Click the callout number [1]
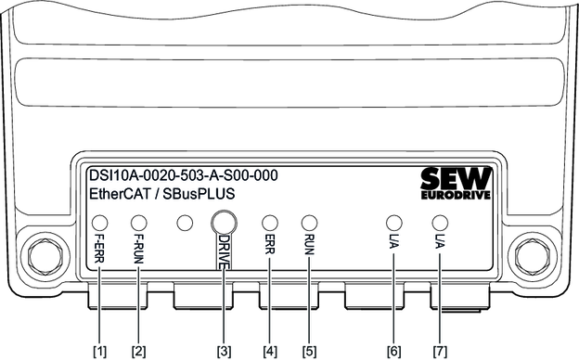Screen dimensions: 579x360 99,351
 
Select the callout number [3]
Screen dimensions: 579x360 225,351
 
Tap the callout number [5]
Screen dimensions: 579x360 309,351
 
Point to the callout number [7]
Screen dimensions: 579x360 440,351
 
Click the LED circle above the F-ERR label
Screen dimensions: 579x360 99,223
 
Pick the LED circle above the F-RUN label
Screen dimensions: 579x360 139,223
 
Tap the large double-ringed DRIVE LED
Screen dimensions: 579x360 224,223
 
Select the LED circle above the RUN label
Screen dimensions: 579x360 309,223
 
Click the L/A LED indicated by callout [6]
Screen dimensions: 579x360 394,223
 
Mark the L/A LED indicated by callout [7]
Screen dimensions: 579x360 440,223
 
